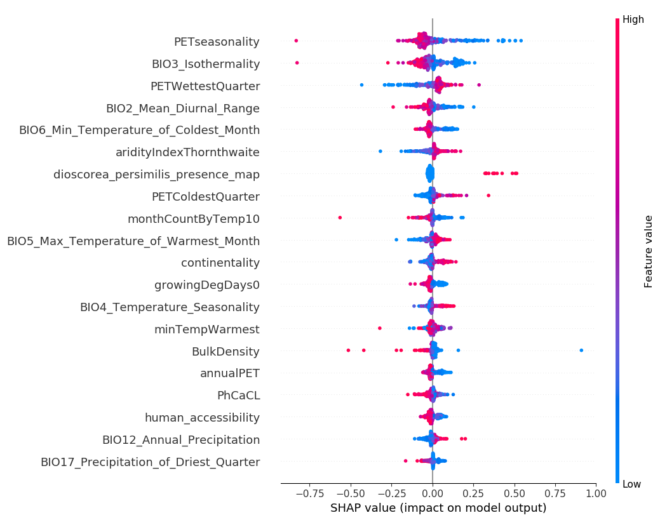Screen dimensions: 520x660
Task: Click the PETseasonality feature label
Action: point(217,42)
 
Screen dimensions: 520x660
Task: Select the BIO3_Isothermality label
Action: point(205,64)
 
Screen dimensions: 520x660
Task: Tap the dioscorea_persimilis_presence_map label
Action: point(156,174)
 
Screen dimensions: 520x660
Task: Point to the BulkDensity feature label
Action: point(226,351)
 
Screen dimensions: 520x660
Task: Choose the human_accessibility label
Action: point(202,418)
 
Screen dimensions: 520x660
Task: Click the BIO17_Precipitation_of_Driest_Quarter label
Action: point(150,462)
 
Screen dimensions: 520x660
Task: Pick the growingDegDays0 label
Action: point(207,285)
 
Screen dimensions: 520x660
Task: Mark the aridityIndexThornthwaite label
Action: point(187,152)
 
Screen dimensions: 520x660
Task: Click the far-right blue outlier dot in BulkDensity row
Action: point(581,350)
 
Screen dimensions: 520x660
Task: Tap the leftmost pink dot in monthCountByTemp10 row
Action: point(340,218)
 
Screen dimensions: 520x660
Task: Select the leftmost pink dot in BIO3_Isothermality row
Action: point(297,63)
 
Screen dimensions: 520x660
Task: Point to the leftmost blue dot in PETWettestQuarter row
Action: point(361,84)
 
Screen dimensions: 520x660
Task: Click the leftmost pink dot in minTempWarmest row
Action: point(380,328)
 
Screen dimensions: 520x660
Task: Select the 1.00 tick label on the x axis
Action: point(595,493)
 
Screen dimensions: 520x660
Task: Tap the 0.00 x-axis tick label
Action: point(433,493)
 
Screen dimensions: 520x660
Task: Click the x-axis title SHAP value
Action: point(438,508)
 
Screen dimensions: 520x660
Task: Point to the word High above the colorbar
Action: point(633,20)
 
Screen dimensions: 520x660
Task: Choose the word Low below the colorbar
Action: point(632,484)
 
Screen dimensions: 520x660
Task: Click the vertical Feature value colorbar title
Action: point(649,251)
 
